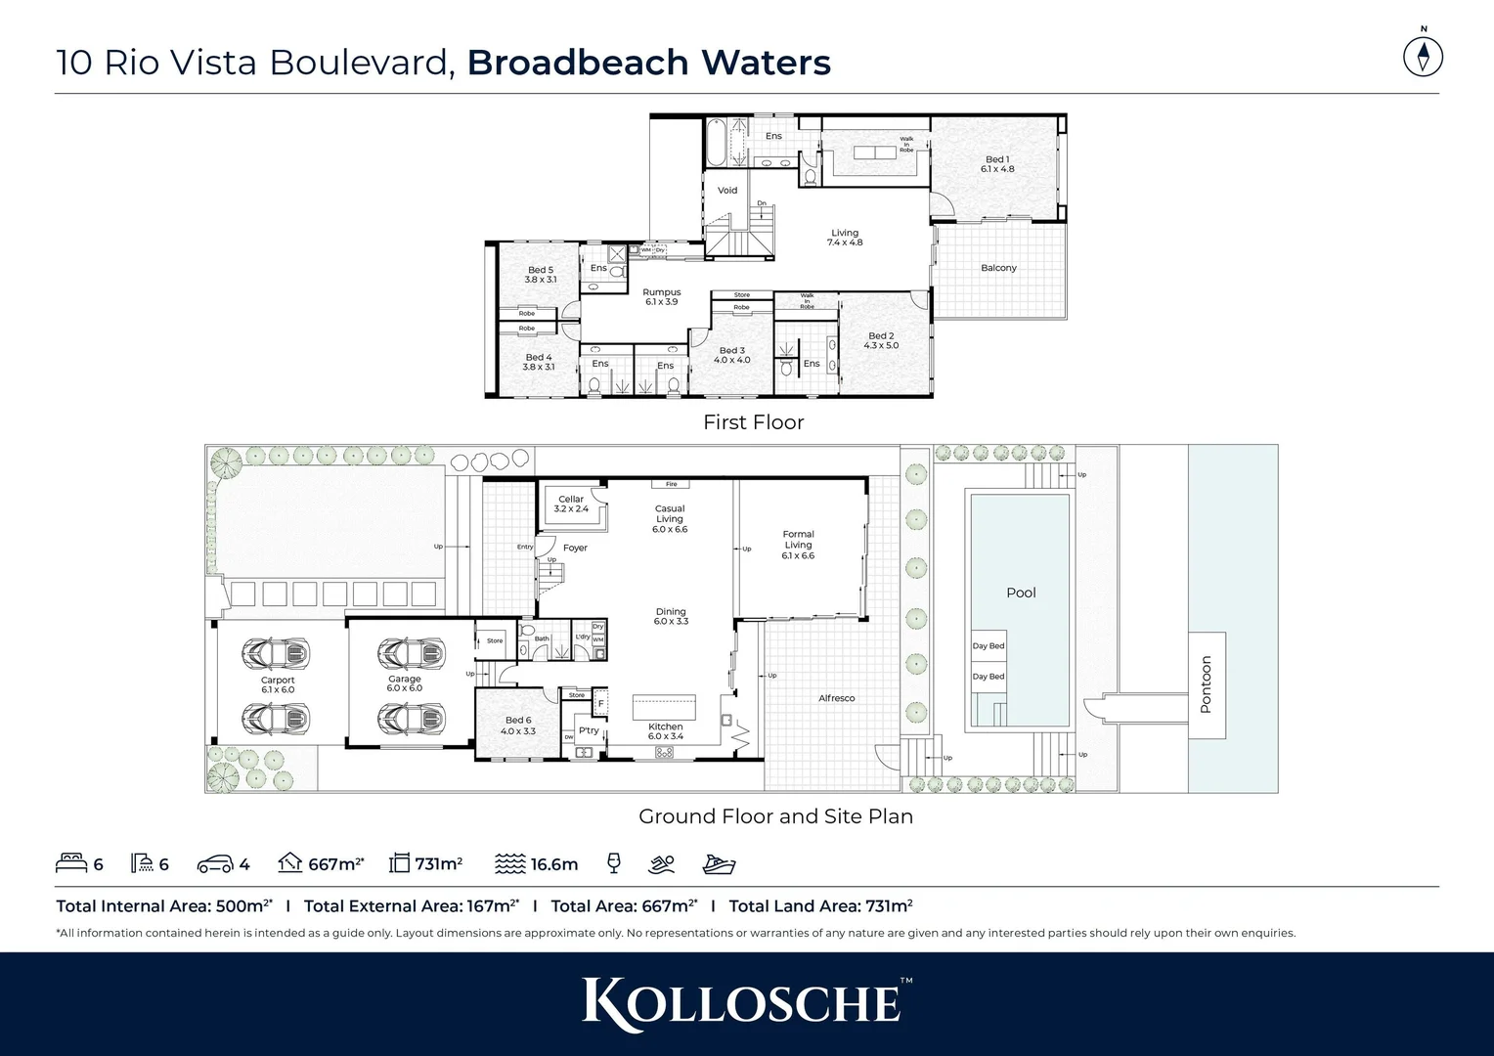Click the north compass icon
pyautogui.click(x=1423, y=56)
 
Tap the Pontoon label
pyautogui.click(x=1206, y=684)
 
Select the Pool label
pyautogui.click(x=1021, y=593)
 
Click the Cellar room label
pyautogui.click(x=571, y=504)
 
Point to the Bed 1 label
pyautogui.click(x=997, y=163)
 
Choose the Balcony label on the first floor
pyautogui.click(x=998, y=268)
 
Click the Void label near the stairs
pyautogui.click(x=727, y=191)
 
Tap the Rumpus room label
pyautogui.click(x=662, y=297)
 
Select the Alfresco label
pyautogui.click(x=836, y=698)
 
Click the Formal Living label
pyautogui.click(x=798, y=545)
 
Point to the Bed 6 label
pyautogui.click(x=517, y=726)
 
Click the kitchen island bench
pyautogui.click(x=664, y=706)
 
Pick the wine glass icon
pyautogui.click(x=613, y=863)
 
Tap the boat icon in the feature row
pyautogui.click(x=719, y=863)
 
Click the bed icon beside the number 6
pyautogui.click(x=70, y=863)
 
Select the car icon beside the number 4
pyautogui.click(x=214, y=864)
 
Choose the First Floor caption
pyautogui.click(x=753, y=422)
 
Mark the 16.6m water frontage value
pyautogui.click(x=554, y=864)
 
